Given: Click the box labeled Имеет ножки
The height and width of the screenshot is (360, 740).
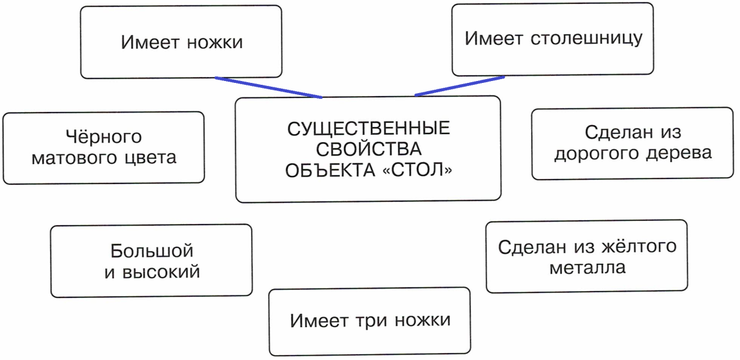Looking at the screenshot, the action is [181, 42].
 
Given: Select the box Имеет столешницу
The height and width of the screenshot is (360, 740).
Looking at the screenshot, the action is [553, 39].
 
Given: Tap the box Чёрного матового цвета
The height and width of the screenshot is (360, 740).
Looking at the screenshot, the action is [103, 147].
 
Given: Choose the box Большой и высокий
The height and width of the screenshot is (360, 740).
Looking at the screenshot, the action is [151, 261].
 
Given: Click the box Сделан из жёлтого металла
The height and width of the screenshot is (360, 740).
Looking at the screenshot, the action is [587, 256].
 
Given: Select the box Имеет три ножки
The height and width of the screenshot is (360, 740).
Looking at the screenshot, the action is [370, 321].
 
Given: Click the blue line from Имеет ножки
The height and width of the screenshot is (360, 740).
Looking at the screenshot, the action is [268, 88].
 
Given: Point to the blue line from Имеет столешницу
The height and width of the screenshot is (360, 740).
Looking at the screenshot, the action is [460, 86].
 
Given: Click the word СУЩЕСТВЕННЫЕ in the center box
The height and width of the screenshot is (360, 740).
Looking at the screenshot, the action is [368, 129].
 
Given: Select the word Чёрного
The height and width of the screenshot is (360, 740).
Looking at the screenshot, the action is [103, 137].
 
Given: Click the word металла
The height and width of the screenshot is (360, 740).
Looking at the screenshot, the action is [587, 268].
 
